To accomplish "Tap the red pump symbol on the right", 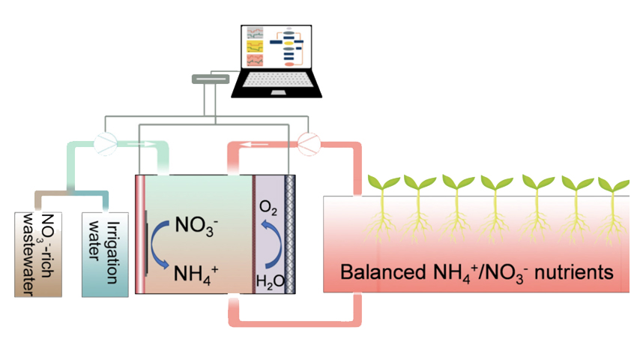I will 308,142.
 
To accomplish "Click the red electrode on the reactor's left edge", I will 137,232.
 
